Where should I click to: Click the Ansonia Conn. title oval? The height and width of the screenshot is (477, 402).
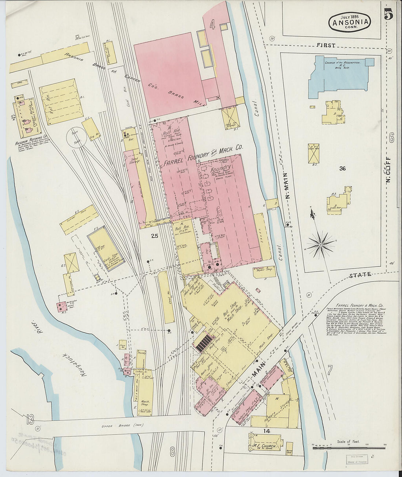click(350, 22)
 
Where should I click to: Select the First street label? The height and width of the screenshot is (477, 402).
click(326, 45)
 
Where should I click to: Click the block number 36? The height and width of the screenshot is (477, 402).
click(342, 169)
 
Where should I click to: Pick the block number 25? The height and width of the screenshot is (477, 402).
click(154, 236)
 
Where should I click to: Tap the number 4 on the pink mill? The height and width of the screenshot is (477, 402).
click(212, 24)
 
